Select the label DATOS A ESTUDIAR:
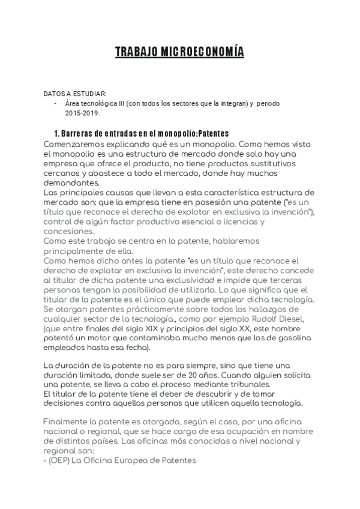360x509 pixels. click(x=75, y=94)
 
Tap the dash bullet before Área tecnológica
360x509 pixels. click(x=56, y=103)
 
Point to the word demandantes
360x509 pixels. click(x=70, y=182)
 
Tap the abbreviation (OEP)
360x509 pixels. click(x=59, y=462)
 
